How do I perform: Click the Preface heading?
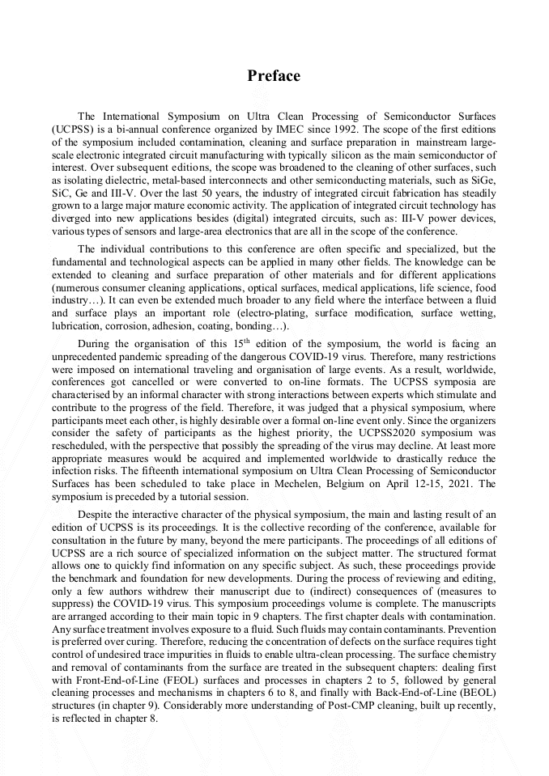point(274,76)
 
